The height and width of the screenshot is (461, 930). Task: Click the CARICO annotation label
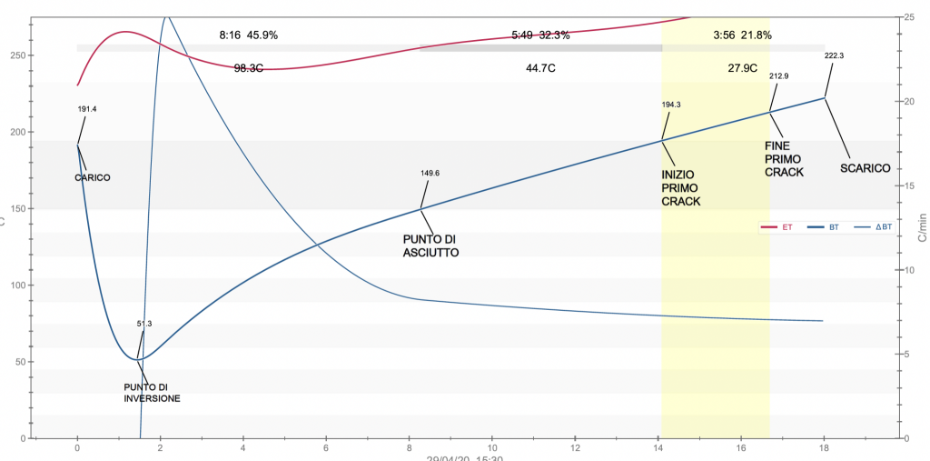point(92,177)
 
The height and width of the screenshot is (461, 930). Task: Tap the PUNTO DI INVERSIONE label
point(152,392)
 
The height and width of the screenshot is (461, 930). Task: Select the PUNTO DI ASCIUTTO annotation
point(430,246)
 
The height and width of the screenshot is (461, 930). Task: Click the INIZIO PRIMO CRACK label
point(680,187)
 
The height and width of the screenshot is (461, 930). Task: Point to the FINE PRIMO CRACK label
point(784,158)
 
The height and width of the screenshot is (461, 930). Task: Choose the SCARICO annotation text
point(863,168)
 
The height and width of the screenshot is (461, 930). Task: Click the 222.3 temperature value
point(834,55)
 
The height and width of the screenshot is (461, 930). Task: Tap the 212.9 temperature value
point(778,75)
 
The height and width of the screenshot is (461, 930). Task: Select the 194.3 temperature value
point(671,105)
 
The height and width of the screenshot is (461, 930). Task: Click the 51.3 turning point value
point(144,323)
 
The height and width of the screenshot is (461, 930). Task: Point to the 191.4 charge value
point(87,109)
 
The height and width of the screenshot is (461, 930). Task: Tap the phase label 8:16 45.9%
point(248,35)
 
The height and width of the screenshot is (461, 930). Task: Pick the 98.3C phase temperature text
point(248,68)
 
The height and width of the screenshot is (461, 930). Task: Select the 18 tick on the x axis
point(825,448)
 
